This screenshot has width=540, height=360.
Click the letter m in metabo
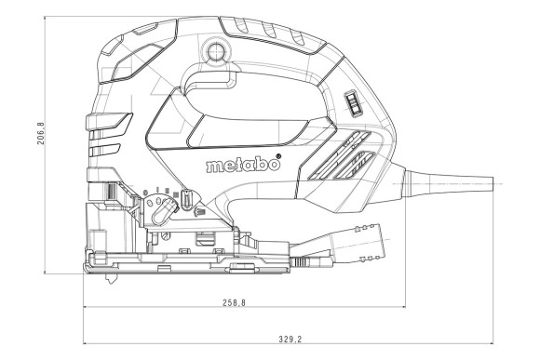(212, 167)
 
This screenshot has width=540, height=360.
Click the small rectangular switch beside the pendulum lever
(186, 200)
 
